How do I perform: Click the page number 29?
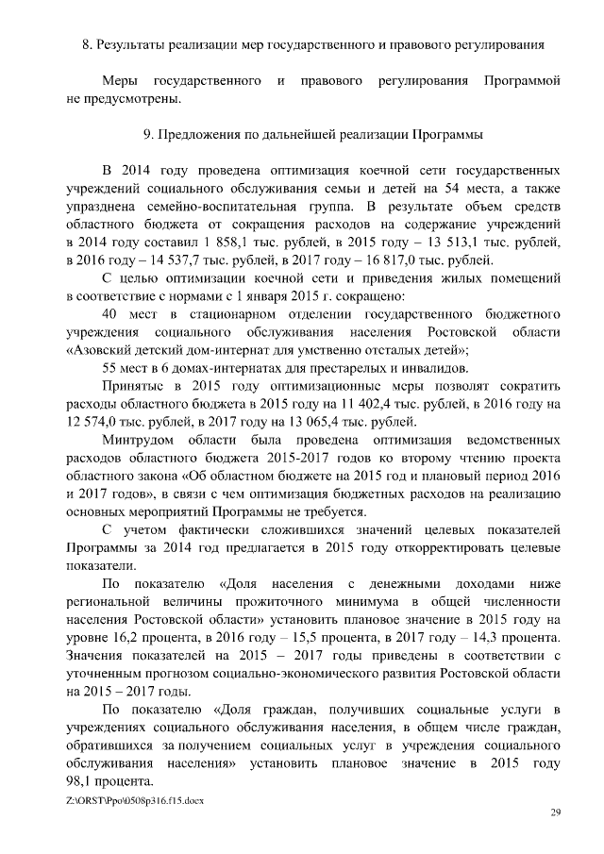point(555,812)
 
